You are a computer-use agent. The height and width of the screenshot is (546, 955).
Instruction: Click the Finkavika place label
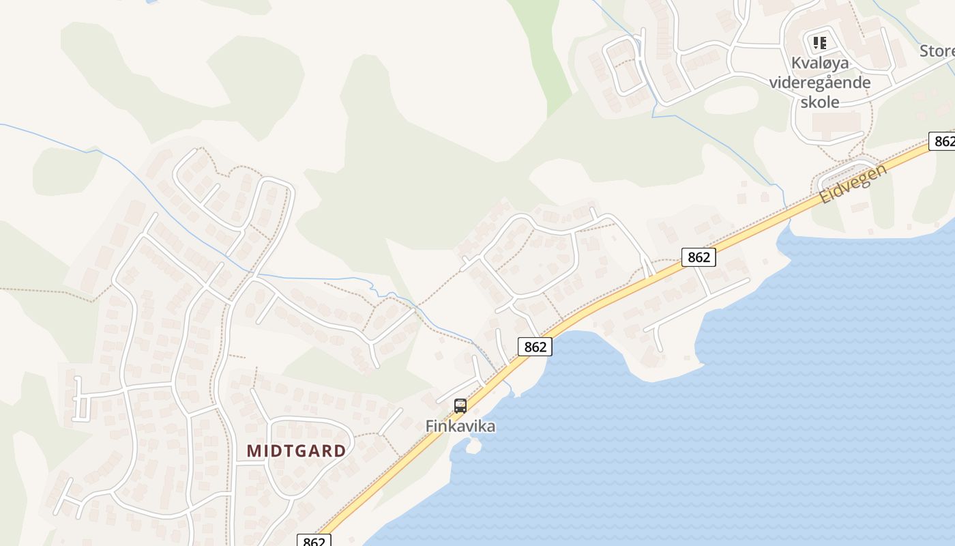[x=460, y=426]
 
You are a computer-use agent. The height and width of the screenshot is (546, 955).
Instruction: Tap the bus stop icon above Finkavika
[x=460, y=406]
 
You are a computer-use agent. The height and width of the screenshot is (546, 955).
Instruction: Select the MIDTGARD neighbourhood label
[x=296, y=451]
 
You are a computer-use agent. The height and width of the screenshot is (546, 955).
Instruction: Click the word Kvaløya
[x=820, y=63]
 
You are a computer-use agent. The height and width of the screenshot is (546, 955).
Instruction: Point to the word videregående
[x=820, y=83]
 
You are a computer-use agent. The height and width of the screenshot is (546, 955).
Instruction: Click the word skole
[x=820, y=102]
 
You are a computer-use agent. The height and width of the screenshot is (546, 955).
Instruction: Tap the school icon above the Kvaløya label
[x=820, y=43]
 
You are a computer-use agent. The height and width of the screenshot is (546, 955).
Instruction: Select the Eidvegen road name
[x=853, y=184]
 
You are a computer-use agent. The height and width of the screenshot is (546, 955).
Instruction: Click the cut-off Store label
[x=937, y=51]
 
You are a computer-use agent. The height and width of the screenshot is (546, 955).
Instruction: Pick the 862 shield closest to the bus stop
[x=535, y=347]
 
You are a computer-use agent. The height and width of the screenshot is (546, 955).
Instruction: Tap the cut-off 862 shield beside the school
[x=943, y=141]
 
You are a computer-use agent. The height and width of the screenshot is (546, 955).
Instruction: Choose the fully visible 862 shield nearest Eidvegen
[x=699, y=257]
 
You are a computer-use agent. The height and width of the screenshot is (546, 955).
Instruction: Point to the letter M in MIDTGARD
[x=254, y=451]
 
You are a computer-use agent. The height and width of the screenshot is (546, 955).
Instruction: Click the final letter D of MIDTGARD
[x=340, y=451]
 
